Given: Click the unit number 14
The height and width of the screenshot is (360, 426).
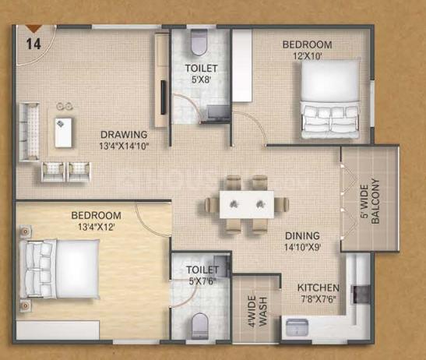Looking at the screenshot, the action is point(33,44).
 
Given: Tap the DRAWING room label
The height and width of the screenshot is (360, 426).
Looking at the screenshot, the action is point(124,135).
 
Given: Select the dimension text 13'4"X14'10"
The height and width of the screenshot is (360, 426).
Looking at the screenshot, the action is point(124,146).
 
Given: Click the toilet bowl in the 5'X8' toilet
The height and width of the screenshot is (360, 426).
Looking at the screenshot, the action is point(199,42).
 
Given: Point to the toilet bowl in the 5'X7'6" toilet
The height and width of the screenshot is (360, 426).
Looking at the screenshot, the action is point(199,326).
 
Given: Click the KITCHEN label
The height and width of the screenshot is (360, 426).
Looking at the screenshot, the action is point(319,288).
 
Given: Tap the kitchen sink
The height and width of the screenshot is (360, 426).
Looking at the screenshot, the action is point(297,327).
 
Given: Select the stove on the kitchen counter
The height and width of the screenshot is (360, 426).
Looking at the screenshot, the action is point(361,295).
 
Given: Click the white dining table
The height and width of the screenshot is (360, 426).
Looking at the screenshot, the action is point(247,204).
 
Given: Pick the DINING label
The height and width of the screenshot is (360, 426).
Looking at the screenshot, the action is point(302,235).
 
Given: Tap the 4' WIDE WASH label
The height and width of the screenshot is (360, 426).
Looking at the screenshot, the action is point(257,312).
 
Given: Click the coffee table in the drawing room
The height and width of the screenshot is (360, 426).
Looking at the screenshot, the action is point(63,132).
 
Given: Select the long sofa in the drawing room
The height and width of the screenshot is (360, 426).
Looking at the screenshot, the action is point(29,132).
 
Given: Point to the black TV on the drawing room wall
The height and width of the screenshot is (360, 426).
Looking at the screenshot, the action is point(164,97).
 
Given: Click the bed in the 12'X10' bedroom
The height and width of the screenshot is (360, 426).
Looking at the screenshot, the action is point(331,99).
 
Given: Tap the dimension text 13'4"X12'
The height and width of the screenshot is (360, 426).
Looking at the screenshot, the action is point(96,227).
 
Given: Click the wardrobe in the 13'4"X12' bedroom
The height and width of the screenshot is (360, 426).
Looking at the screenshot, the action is point(58,330).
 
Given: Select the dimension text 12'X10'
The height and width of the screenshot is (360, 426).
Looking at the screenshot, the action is point(308,56).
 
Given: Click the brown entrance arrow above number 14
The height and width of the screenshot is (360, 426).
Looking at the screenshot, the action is point(33,29).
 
